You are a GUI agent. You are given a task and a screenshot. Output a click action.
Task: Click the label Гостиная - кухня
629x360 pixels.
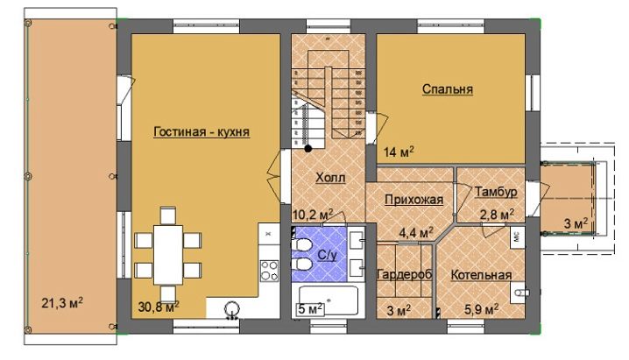[x=201, y=132]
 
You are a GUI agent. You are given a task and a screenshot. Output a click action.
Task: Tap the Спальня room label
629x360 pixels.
[x=448, y=89]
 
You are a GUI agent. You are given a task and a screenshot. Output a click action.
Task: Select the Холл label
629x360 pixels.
[x=330, y=177]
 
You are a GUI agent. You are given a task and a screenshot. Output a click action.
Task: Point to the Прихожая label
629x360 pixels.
[x=414, y=199]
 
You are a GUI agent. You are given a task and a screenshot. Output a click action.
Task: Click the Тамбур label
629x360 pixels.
[x=496, y=192]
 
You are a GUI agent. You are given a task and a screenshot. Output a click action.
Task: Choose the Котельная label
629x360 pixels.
[x=481, y=275]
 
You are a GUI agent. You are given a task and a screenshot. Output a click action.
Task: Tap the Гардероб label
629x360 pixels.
[x=405, y=275]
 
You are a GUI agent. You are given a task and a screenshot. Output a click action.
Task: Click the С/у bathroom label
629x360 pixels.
[x=327, y=256]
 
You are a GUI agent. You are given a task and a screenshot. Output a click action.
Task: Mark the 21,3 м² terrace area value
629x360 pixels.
[x=62, y=303]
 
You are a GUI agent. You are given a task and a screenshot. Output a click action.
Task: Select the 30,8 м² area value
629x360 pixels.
[x=159, y=307]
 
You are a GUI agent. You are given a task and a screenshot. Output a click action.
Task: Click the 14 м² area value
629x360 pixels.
[x=399, y=152]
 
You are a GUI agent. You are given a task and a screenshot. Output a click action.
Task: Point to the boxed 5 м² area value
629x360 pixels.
[x=310, y=309]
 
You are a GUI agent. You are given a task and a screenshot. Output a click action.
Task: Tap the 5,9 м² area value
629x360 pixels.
[x=481, y=309]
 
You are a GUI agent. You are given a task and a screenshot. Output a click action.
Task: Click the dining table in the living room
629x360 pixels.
[x=168, y=255]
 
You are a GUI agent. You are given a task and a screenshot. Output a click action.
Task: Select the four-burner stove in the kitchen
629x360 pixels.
[x=269, y=270]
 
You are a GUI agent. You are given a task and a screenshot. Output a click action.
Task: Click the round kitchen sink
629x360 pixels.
[x=232, y=309]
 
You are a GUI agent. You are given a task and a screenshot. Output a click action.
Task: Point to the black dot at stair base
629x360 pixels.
[x=308, y=149]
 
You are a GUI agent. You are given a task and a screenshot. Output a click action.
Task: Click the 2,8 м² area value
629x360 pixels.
[x=497, y=215]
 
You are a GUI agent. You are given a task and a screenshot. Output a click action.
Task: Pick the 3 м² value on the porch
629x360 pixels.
[x=576, y=223]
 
